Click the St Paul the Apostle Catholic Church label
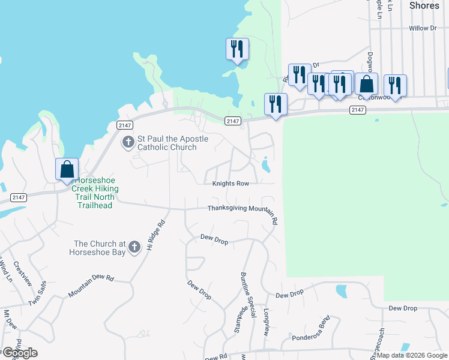click(173, 143)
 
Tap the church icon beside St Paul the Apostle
click(128, 142)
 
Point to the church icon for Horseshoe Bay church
click(134, 246)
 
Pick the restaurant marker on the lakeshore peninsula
click(237, 49)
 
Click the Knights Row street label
click(226, 183)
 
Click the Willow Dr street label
click(423, 28)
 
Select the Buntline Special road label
click(246, 289)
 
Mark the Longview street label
click(267, 322)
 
